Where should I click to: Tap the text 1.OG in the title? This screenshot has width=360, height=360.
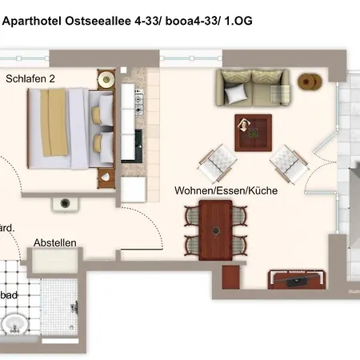pyautogui.click(x=236, y=22)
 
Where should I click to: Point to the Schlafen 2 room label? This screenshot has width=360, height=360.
pyautogui.click(x=31, y=78)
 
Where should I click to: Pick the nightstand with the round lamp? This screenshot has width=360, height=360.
pyautogui.click(x=106, y=79)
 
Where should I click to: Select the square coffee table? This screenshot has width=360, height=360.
pyautogui.click(x=253, y=131)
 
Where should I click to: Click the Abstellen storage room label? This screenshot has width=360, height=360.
pyautogui.click(x=55, y=242)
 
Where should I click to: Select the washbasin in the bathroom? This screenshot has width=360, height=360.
pyautogui.click(x=14, y=324)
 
